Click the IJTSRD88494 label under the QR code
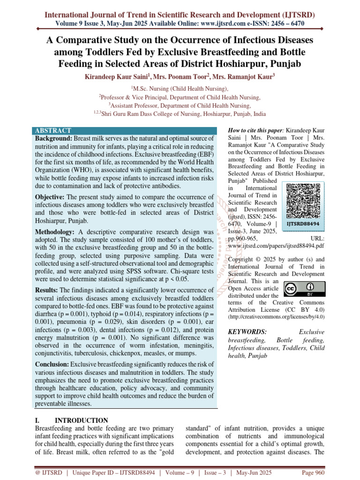pos(303,224)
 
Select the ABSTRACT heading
pos(53,131)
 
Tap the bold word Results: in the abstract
pos(46,290)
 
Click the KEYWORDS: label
pos(246,332)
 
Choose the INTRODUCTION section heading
pos(82,420)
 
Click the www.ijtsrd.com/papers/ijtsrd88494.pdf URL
pos(276,246)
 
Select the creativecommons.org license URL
pos(276,317)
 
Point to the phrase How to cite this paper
pos(255,130)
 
